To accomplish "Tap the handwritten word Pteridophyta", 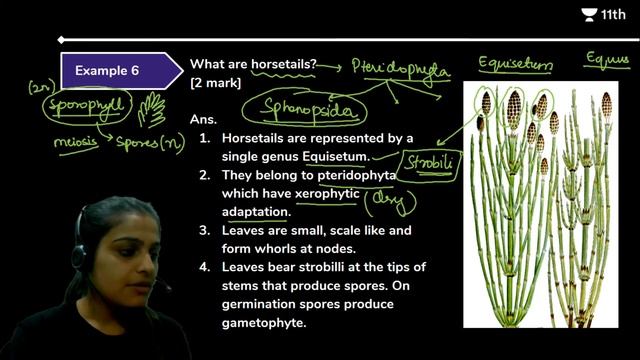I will [x=400, y=68].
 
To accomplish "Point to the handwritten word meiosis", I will [x=77, y=142].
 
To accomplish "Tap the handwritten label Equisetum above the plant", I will [x=515, y=66].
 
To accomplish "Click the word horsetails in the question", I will [x=283, y=64].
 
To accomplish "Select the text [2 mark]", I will [x=215, y=82].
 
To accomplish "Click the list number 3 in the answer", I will [x=204, y=231].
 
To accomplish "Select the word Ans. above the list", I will [x=203, y=119].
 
